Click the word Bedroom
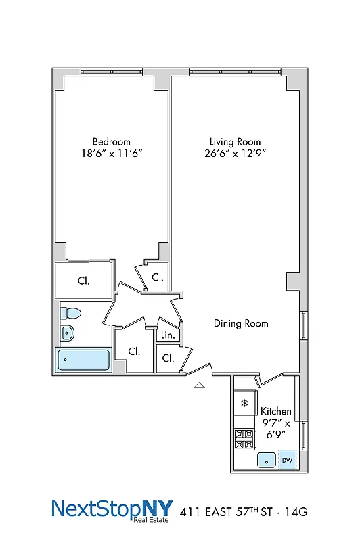pyautogui.click(x=112, y=141)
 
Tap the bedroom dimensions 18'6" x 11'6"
pyautogui.click(x=112, y=154)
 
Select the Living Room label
pyautogui.click(x=235, y=141)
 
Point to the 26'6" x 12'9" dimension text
pyautogui.click(x=235, y=154)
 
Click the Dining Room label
pyautogui.click(x=241, y=323)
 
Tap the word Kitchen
pyautogui.click(x=276, y=410)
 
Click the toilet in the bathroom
pyautogui.click(x=70, y=313)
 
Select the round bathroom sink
pyautogui.click(x=67, y=332)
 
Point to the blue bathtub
pyautogui.click(x=84, y=360)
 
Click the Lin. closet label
pyautogui.click(x=168, y=335)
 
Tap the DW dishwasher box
pyautogui.click(x=287, y=461)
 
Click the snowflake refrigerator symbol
pyautogui.click(x=244, y=403)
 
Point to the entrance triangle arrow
pyautogui.click(x=199, y=385)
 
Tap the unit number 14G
pyautogui.click(x=294, y=513)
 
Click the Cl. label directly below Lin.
pyautogui.click(x=168, y=358)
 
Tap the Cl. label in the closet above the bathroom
pyautogui.click(x=83, y=281)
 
